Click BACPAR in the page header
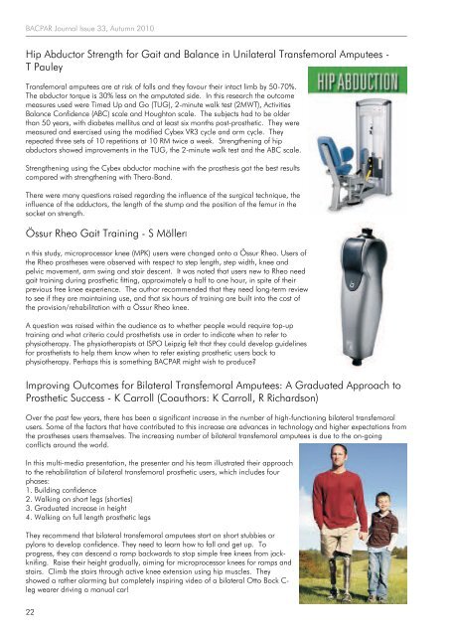tap(46, 16)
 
